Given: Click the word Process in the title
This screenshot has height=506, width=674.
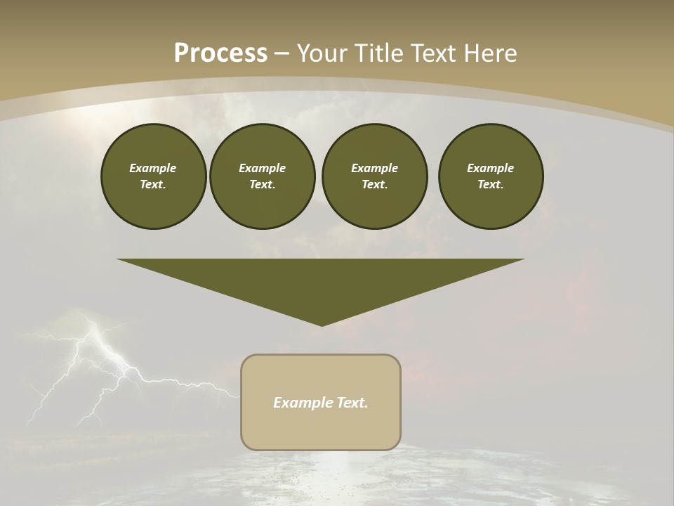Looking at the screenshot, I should click(x=220, y=53).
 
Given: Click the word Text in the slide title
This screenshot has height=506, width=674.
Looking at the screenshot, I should click(x=435, y=53).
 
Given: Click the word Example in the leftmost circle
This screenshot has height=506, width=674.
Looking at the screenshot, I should click(x=152, y=168).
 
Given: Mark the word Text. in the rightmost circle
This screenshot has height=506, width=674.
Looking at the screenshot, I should click(x=491, y=184).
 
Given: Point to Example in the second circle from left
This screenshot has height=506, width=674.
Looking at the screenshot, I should click(x=262, y=168).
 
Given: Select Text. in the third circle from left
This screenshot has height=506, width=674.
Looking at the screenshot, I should click(x=374, y=184).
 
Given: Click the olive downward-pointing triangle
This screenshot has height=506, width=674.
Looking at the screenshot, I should click(x=321, y=281).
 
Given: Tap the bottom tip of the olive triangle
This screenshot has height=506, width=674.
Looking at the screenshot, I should click(x=322, y=324).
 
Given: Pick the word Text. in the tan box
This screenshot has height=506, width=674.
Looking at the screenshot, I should click(x=352, y=403).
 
